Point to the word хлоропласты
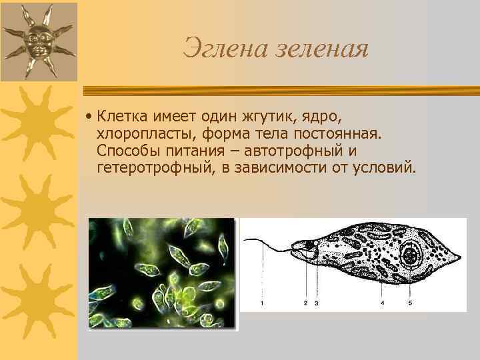[x=143, y=135]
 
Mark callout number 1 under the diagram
[x=261, y=303]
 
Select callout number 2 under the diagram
[x=305, y=303]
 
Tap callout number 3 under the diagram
[x=315, y=303]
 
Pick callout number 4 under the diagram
[x=382, y=303]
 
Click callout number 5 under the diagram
[x=409, y=303]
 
